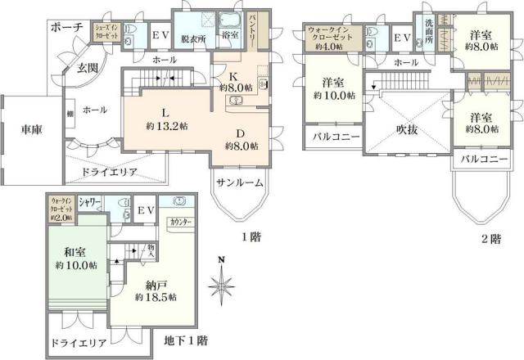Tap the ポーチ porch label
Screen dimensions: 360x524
point(67,28)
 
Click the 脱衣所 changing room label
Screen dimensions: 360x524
point(194,37)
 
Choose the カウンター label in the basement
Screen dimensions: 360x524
point(181,222)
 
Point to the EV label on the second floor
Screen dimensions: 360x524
point(401,38)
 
